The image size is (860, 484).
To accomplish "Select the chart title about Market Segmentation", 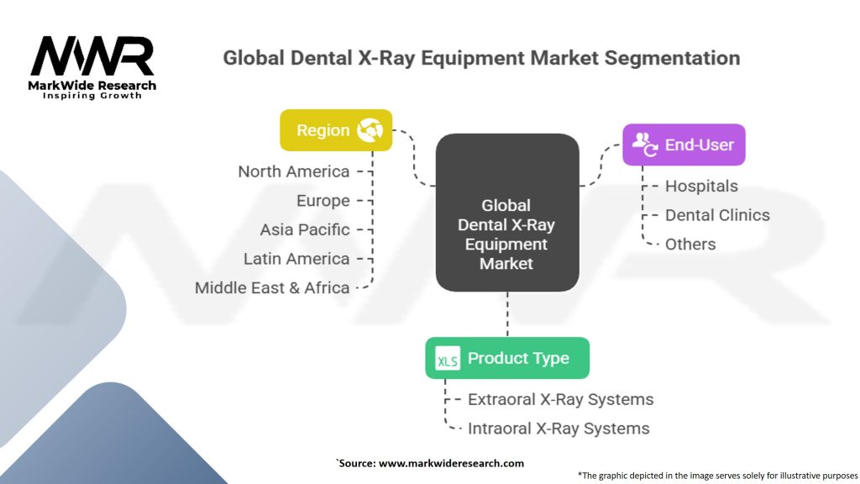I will [x=481, y=59].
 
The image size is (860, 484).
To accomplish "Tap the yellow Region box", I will [x=336, y=130].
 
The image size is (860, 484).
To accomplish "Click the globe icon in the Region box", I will [x=370, y=130].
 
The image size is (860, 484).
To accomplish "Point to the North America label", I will [x=293, y=171].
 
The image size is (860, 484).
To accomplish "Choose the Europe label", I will [x=322, y=201].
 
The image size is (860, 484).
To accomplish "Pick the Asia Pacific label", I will [x=304, y=229].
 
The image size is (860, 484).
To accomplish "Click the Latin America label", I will [x=296, y=259].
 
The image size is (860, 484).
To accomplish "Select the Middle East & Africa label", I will [x=272, y=287].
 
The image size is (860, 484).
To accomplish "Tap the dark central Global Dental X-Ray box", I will [x=506, y=213].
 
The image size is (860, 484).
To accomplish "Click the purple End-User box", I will [x=684, y=145].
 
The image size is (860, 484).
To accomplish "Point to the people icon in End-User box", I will [x=645, y=145].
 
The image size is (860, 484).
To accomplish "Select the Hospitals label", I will [x=701, y=186].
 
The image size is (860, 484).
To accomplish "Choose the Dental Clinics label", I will [x=717, y=215].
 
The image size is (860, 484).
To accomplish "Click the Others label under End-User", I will [x=690, y=245].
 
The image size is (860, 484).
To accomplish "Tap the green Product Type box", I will [x=506, y=358].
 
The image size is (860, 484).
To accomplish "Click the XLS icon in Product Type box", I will [x=447, y=360].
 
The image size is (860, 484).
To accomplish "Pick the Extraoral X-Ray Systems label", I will [x=560, y=399].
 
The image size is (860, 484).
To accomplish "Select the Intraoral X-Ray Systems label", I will [x=558, y=429].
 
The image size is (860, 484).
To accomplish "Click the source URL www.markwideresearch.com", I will [x=451, y=463].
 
